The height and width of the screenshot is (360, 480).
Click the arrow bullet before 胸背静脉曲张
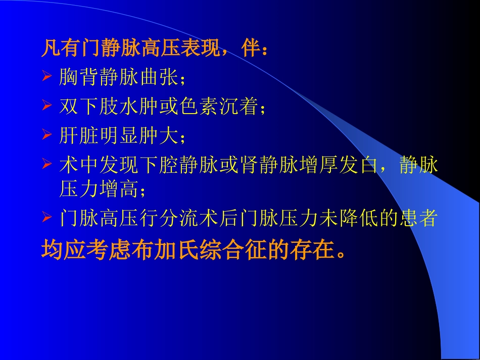(46, 77)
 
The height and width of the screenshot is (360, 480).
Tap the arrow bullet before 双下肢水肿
(46, 106)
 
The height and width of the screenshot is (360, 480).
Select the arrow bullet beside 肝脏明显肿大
(46, 135)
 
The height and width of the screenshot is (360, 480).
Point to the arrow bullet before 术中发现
(46, 164)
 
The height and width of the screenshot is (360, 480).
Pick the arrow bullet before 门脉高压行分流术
(46, 218)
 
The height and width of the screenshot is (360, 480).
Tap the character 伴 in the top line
(251, 49)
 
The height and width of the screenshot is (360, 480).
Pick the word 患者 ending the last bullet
(417, 219)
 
